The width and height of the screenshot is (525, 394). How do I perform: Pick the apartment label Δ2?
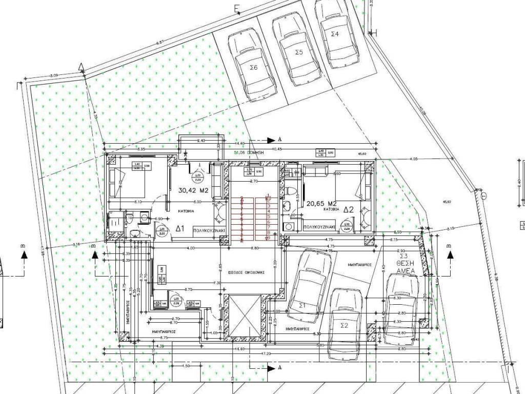(349, 210)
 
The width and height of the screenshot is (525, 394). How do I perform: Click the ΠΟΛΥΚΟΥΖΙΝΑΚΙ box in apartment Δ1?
(210, 231)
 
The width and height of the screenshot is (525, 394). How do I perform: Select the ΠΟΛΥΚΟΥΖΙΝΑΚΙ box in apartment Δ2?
(319, 226)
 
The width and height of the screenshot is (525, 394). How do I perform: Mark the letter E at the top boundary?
(236, 8)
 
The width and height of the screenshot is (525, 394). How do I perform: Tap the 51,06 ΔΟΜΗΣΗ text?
(248, 153)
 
